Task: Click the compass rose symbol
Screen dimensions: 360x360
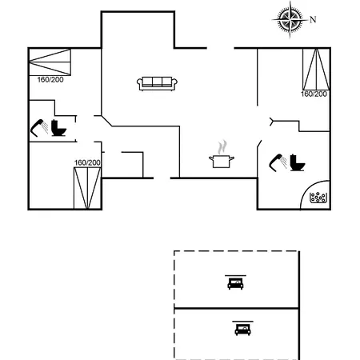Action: (x=290, y=19)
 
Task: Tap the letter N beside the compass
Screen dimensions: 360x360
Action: (x=313, y=19)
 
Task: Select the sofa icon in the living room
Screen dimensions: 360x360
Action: (x=157, y=83)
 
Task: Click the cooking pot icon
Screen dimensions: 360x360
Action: (x=222, y=162)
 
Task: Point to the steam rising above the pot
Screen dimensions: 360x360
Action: (x=222, y=147)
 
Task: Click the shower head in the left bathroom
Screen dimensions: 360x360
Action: (x=39, y=128)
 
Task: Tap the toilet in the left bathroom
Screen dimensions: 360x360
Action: (x=58, y=128)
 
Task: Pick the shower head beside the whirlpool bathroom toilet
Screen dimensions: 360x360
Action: (x=278, y=162)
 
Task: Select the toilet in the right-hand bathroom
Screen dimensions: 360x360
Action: (x=298, y=162)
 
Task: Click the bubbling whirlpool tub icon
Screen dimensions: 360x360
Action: (x=318, y=197)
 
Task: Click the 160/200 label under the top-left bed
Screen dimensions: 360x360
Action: (x=50, y=80)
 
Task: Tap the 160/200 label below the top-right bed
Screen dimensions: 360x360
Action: (x=314, y=94)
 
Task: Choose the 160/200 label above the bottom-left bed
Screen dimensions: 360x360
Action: (x=87, y=162)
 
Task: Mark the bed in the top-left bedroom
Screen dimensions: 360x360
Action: (x=50, y=62)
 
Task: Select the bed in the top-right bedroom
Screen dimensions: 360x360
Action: (x=316, y=70)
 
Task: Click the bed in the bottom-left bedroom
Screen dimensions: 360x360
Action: (x=87, y=188)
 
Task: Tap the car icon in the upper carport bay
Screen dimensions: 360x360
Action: (x=235, y=282)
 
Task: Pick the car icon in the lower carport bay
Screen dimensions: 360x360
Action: (x=242, y=328)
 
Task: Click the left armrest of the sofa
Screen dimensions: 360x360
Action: (x=140, y=83)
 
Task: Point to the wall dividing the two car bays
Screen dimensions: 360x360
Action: (x=236, y=308)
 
